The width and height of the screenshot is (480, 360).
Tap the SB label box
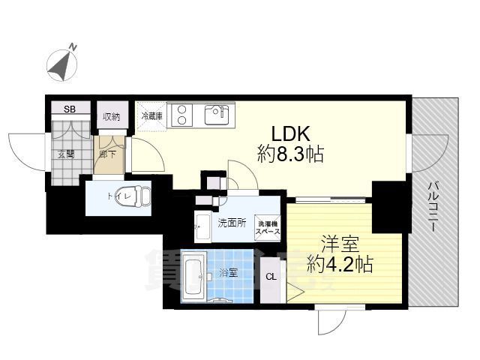tap(69, 109)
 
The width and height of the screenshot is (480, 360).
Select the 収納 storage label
tap(112, 115)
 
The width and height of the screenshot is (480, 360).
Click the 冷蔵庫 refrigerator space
tap(151, 117)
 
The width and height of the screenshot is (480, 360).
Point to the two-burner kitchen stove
tap(182, 115)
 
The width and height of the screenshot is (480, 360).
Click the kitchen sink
tap(217, 115)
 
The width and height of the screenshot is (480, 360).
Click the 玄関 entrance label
tap(64, 154)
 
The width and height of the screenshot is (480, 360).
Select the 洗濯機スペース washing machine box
tap(268, 227)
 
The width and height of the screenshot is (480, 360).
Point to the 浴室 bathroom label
tap(229, 272)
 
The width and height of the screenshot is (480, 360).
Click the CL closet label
tap(270, 277)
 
